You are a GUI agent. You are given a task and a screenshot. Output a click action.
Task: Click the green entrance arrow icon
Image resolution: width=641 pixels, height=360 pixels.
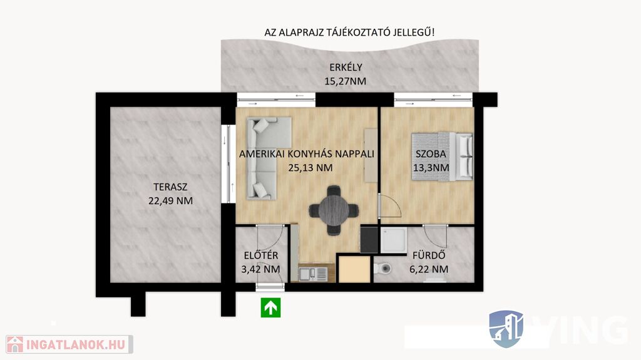[x=270, y=307]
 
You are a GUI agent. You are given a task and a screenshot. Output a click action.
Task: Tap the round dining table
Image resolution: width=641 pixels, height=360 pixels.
[x=334, y=211]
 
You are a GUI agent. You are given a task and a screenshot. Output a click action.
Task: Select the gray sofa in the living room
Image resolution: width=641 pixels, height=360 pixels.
[x=269, y=158]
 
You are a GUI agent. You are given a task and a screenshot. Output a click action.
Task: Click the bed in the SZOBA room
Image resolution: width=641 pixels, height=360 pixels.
[x=442, y=157]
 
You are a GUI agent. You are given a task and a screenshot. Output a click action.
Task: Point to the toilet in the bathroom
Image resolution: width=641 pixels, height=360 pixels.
[x=382, y=269]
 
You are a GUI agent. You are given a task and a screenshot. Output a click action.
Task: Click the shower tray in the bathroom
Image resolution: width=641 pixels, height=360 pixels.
[x=394, y=240]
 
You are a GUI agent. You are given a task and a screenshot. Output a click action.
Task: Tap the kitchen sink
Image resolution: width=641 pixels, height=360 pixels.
[x=313, y=274]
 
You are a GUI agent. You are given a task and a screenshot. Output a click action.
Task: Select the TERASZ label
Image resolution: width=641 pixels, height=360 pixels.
[x=170, y=187]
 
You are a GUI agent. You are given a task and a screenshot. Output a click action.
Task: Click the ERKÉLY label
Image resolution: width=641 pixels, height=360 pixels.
[x=346, y=67]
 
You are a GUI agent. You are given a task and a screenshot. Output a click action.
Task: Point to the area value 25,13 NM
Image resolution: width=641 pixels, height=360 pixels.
[x=310, y=168]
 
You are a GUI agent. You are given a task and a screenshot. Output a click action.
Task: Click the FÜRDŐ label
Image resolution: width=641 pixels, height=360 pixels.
[x=429, y=255]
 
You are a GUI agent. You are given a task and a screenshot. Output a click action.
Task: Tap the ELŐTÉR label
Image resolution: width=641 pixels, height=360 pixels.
[x=261, y=255]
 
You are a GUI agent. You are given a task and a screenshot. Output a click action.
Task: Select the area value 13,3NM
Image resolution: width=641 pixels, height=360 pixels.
[x=431, y=167]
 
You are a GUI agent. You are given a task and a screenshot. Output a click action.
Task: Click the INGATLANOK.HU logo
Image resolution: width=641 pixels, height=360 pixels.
[x=69, y=344]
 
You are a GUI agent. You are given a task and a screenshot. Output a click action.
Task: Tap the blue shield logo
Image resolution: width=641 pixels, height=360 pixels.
[x=506, y=329]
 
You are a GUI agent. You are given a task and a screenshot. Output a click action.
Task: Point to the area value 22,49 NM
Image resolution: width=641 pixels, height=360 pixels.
[x=170, y=201]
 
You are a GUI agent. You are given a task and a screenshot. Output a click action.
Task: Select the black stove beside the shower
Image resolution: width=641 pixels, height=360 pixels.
[x=369, y=240]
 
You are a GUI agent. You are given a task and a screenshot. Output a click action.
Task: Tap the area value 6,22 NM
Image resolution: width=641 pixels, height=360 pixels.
[x=429, y=269]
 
